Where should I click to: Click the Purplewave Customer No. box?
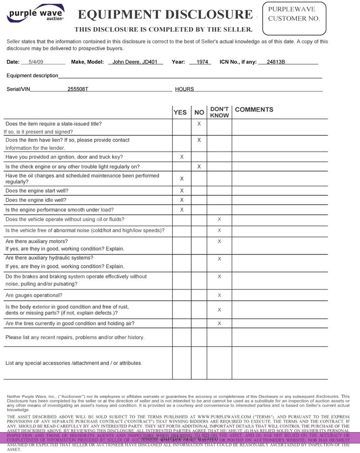294,19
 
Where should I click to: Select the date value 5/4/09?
36,62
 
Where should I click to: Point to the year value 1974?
200,62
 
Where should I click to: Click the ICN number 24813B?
275,62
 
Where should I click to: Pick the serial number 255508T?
78,89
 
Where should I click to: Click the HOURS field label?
184,89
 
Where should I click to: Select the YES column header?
180,113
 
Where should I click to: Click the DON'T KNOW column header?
219,112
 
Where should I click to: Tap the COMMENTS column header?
254,110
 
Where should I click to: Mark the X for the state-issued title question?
199,124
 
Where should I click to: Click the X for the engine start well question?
181,191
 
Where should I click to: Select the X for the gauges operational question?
219,295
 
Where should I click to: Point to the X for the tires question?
219,323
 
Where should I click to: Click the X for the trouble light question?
199,167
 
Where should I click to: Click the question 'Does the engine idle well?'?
36,200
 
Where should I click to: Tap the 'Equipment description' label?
32,75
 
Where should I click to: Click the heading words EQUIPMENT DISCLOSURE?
165,15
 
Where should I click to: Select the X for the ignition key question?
181,157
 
